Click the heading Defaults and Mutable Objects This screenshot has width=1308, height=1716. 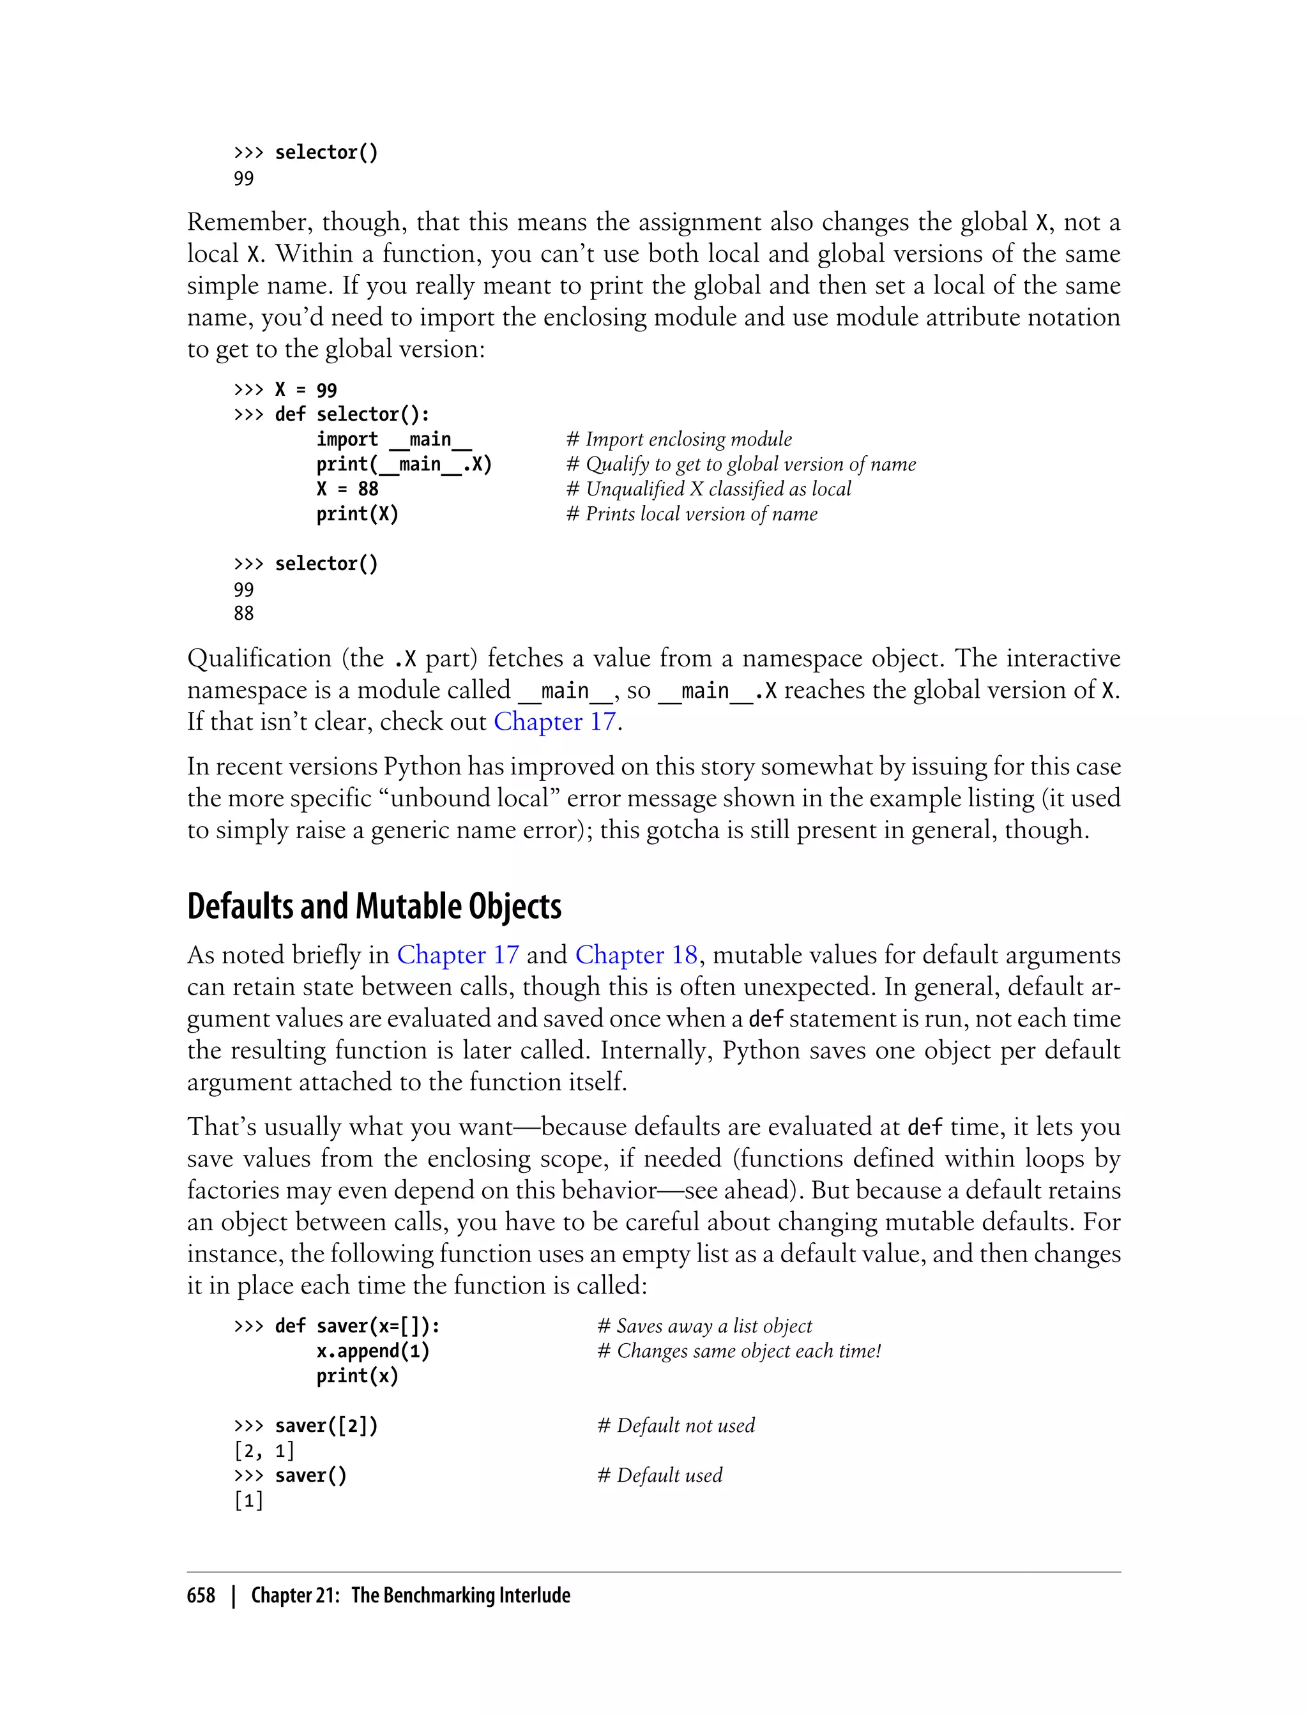[374, 907]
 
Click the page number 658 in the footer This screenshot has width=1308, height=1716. [201, 1595]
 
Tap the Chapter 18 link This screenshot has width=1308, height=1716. [636, 955]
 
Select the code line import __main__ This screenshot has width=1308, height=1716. [393, 440]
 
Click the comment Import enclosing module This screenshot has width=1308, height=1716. [679, 440]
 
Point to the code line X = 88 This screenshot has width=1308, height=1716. [347, 490]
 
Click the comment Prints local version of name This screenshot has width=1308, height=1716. [692, 515]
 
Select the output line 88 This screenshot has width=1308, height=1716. [244, 614]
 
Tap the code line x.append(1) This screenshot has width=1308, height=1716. [373, 1351]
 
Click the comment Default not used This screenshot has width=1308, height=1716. [676, 1426]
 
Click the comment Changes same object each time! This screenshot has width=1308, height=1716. [739, 1351]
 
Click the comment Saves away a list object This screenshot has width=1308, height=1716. [704, 1326]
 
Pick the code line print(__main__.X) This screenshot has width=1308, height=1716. [404, 465]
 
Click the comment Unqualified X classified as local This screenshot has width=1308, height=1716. [708, 490]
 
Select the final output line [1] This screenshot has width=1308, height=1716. [248, 1500]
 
